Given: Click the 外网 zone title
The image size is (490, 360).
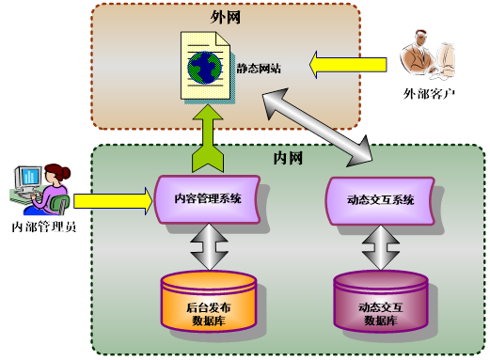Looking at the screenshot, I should (225, 18).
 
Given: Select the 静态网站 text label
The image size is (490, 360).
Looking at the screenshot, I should (255, 67).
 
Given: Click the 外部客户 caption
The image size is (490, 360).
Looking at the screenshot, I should (430, 95).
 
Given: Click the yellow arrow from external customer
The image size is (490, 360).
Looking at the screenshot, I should (350, 65).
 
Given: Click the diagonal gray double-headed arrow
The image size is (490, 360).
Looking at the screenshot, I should (319, 123).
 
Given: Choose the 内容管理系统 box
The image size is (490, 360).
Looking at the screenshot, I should (208, 199).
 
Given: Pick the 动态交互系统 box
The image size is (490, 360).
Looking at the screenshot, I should (381, 199).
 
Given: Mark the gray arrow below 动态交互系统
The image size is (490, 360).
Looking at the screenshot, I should (381, 248).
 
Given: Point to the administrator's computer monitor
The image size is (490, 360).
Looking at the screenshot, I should (27, 178).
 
